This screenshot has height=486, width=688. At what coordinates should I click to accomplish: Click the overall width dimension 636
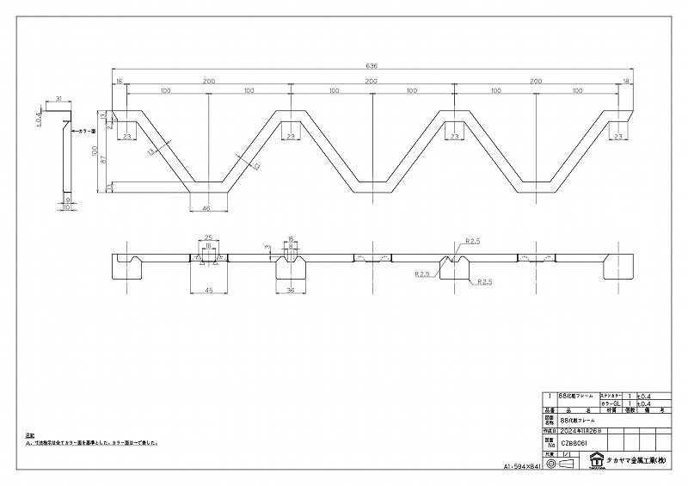372,65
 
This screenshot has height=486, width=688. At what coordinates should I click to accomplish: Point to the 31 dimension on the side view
58,99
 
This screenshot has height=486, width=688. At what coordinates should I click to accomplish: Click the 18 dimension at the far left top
119,80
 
